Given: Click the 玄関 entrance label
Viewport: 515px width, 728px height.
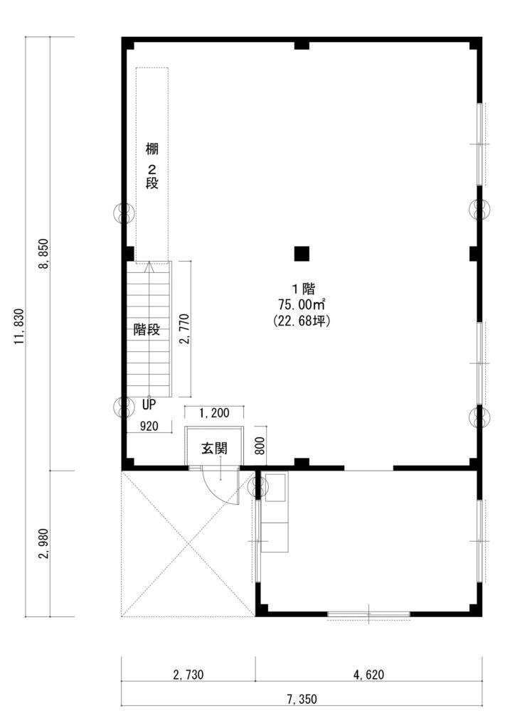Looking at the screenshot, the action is click(x=213, y=449).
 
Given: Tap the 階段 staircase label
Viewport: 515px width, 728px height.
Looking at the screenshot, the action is click(x=147, y=330).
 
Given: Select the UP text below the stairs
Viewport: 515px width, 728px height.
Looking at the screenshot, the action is click(x=149, y=405).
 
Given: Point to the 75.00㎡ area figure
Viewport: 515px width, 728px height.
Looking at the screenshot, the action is click(x=302, y=304).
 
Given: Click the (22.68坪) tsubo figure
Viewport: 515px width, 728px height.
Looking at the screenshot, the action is click(x=302, y=321).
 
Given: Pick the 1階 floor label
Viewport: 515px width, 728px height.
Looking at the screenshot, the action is click(x=303, y=289).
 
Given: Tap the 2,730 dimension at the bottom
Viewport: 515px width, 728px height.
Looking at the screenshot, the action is click(x=188, y=675).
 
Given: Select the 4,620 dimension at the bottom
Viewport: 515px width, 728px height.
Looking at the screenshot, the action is click(x=368, y=675).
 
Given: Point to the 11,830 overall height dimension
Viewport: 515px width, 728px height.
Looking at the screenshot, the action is click(x=18, y=326).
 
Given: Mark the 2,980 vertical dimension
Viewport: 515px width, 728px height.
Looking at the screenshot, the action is click(x=45, y=544).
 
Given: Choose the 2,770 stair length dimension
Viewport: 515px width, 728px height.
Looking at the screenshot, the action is click(x=184, y=329).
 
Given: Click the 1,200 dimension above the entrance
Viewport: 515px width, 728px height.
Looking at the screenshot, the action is click(x=214, y=413).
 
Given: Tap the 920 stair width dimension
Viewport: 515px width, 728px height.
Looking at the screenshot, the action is click(x=149, y=426).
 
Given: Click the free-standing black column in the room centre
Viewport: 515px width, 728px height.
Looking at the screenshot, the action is click(x=302, y=254).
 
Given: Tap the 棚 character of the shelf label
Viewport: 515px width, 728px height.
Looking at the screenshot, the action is click(x=152, y=149).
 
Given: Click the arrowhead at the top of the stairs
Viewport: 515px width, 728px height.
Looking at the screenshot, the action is click(x=149, y=267).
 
